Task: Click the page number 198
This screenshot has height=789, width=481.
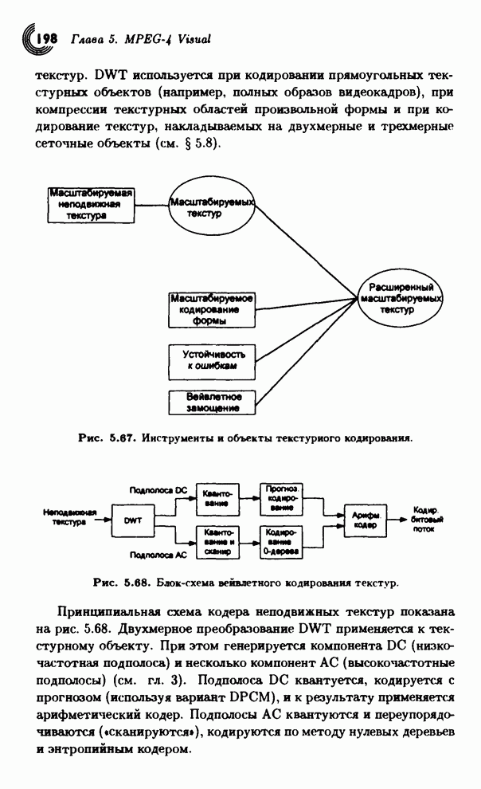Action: pos(42,37)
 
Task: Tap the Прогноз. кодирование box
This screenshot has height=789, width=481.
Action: pos(282,500)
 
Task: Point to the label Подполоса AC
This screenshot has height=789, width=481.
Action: pos(158,554)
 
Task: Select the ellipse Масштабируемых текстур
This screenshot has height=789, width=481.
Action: pos(210,208)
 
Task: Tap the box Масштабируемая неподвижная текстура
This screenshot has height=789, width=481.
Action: pos(88,204)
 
